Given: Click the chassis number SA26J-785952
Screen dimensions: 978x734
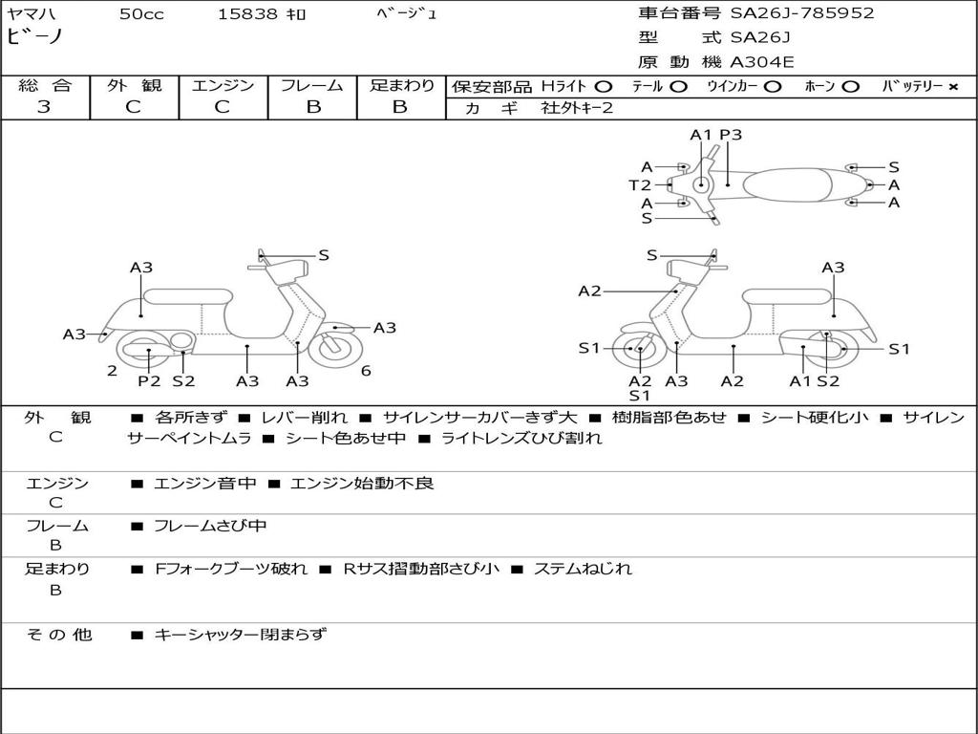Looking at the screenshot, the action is pyautogui.click(x=802, y=13).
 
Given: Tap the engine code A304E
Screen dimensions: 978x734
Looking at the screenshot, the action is pyautogui.click(x=761, y=62).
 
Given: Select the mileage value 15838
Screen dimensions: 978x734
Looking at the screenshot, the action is pyautogui.click(x=246, y=14).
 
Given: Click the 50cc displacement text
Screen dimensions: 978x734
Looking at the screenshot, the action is pyautogui.click(x=141, y=14).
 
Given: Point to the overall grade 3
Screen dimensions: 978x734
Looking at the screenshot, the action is pyautogui.click(x=44, y=107).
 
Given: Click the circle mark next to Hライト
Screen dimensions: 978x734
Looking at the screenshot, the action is pyautogui.click(x=604, y=87).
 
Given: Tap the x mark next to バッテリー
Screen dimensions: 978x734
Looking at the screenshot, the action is pyautogui.click(x=953, y=87).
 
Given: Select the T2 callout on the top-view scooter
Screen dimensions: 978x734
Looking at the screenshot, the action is pyautogui.click(x=639, y=185).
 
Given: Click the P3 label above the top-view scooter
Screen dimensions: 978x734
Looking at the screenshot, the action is pyautogui.click(x=731, y=135).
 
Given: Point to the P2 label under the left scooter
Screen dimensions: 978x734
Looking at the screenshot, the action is pyautogui.click(x=149, y=380).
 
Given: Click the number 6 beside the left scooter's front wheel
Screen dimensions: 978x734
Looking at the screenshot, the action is pyautogui.click(x=366, y=371).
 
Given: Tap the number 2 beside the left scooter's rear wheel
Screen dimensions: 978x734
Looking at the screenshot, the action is pyautogui.click(x=112, y=371).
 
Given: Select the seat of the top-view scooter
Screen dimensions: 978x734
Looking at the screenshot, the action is pyautogui.click(x=787, y=185).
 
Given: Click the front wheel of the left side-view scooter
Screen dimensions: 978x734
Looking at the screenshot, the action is pyautogui.click(x=336, y=348).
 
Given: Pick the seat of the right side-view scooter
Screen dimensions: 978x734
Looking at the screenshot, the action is pyautogui.click(x=787, y=296).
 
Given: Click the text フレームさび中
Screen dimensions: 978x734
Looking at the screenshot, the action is pyautogui.click(x=210, y=527).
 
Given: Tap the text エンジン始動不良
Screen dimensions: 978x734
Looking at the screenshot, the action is pyautogui.click(x=362, y=483).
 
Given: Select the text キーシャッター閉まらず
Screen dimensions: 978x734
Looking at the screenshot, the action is pyautogui.click(x=240, y=635).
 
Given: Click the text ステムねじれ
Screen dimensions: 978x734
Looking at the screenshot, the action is pyautogui.click(x=583, y=570).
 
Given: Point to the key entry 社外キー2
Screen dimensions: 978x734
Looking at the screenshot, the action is pyautogui.click(x=577, y=108).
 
